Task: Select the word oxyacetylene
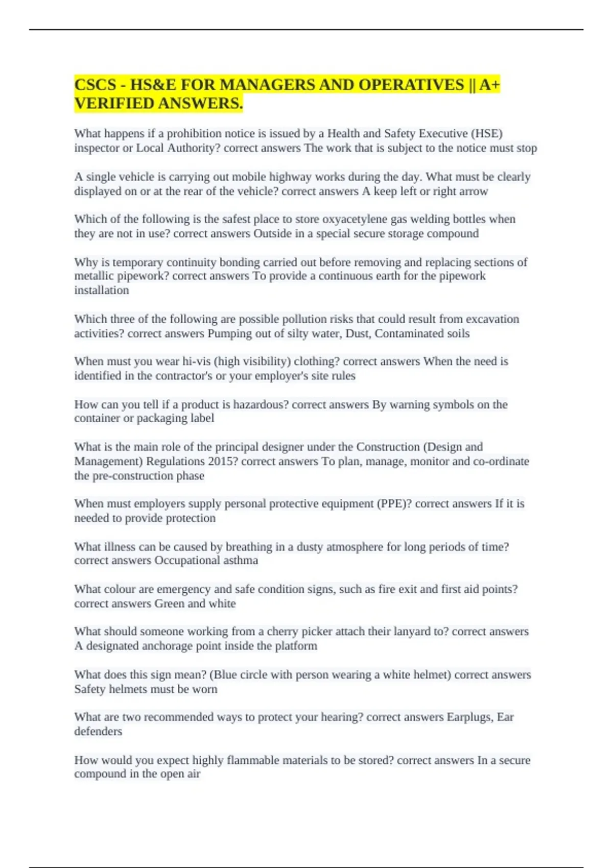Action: pos(355,220)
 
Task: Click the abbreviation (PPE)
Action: pos(394,504)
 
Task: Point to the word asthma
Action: pos(241,561)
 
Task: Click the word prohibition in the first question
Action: pos(194,134)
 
